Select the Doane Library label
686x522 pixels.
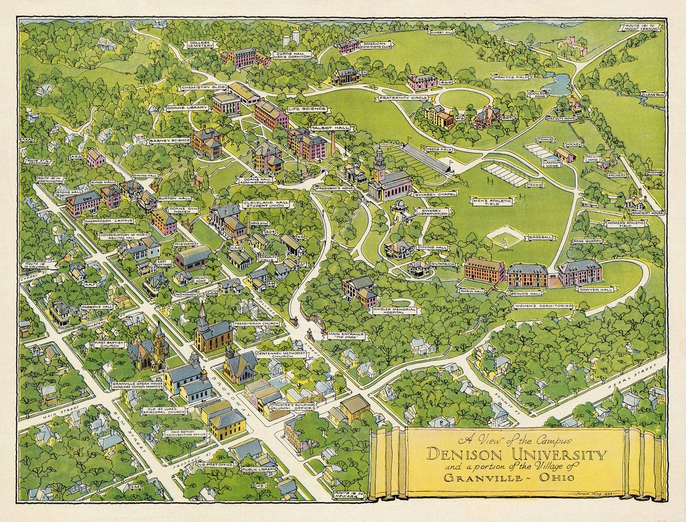tap(186, 107)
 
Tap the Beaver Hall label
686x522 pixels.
tap(527, 293)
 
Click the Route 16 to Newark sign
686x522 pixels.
tap(346, 493)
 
